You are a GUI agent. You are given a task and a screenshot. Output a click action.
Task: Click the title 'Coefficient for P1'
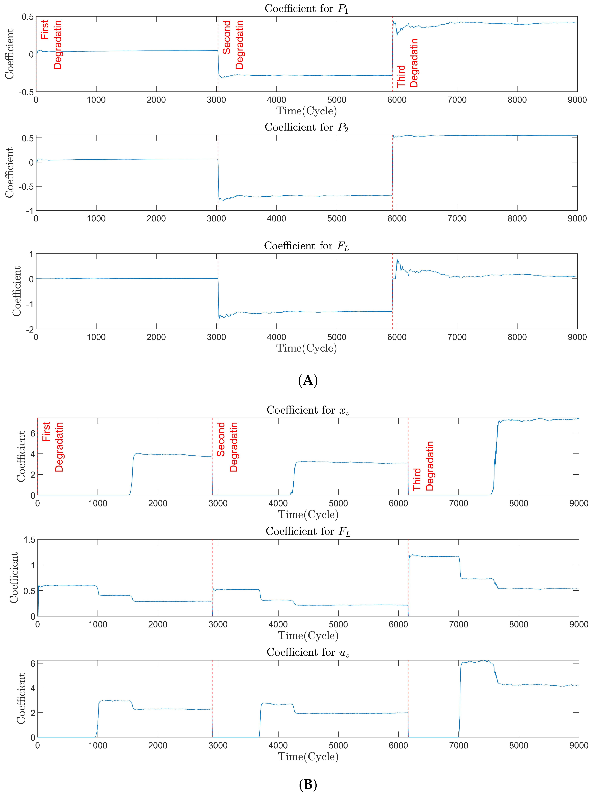pos(306,9)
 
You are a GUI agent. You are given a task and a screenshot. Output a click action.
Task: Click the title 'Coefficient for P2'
pos(306,127)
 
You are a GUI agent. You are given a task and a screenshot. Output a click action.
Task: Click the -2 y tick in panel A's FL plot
pos(29,329)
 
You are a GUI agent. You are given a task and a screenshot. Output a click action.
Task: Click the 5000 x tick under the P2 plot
pos(336,218)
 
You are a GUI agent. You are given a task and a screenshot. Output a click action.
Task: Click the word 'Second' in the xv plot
pos(221,439)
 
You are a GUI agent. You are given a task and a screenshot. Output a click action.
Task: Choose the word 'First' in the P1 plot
pos(44,30)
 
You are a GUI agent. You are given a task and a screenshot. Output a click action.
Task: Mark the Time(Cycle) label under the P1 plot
pos(306,111)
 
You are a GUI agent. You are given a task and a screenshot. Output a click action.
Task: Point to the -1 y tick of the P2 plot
pos(29,211)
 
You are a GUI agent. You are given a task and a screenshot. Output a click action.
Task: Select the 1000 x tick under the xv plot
pos(98,503)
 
